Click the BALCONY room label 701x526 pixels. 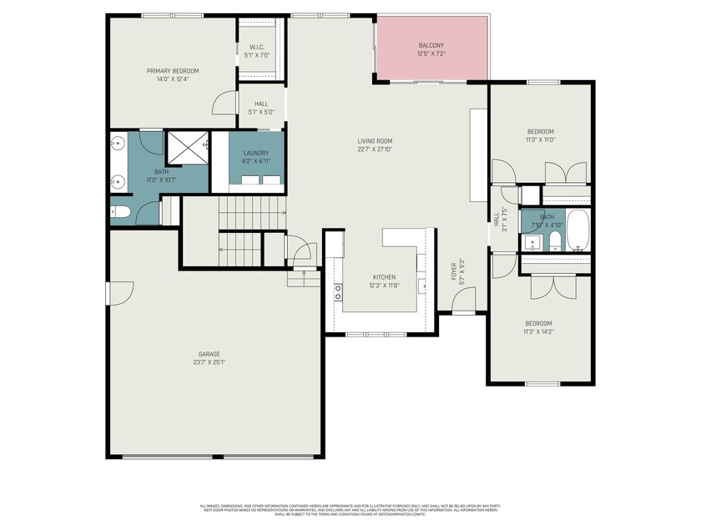(431, 45)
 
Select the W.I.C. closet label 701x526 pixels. (257, 47)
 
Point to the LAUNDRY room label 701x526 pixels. (256, 154)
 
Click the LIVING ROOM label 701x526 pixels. (375, 141)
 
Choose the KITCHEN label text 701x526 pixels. (384, 277)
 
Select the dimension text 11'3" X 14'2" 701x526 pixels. (538, 331)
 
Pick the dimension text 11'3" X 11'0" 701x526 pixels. (540, 140)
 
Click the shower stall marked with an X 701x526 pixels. (186, 148)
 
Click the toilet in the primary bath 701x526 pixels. (119, 212)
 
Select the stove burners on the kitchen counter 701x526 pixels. (339, 292)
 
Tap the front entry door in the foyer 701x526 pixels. (464, 300)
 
